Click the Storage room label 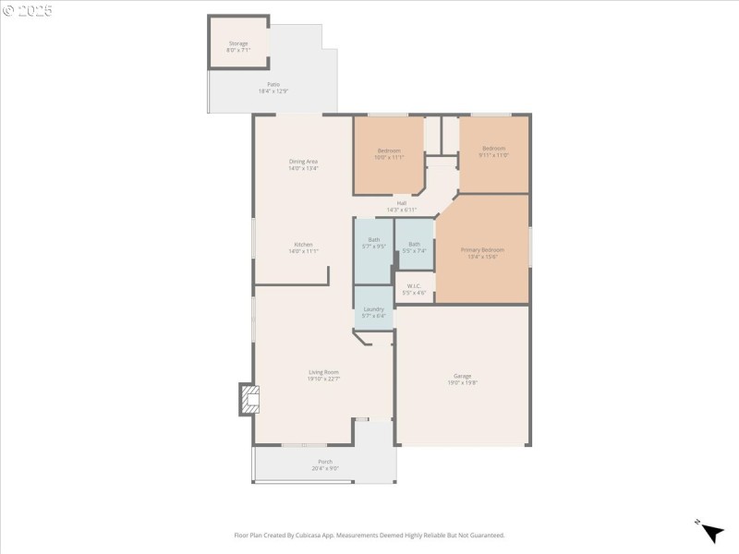[238, 43]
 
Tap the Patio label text [273, 84]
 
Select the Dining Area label [303, 162]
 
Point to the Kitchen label [303, 245]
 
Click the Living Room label [323, 372]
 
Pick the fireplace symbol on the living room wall [248, 399]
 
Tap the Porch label [325, 462]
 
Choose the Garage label [462, 376]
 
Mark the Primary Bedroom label [482, 250]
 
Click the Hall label [402, 203]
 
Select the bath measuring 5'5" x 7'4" [414, 245]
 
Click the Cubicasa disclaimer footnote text [369, 535]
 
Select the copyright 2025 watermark [28, 10]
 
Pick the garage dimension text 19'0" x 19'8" [462, 382]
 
